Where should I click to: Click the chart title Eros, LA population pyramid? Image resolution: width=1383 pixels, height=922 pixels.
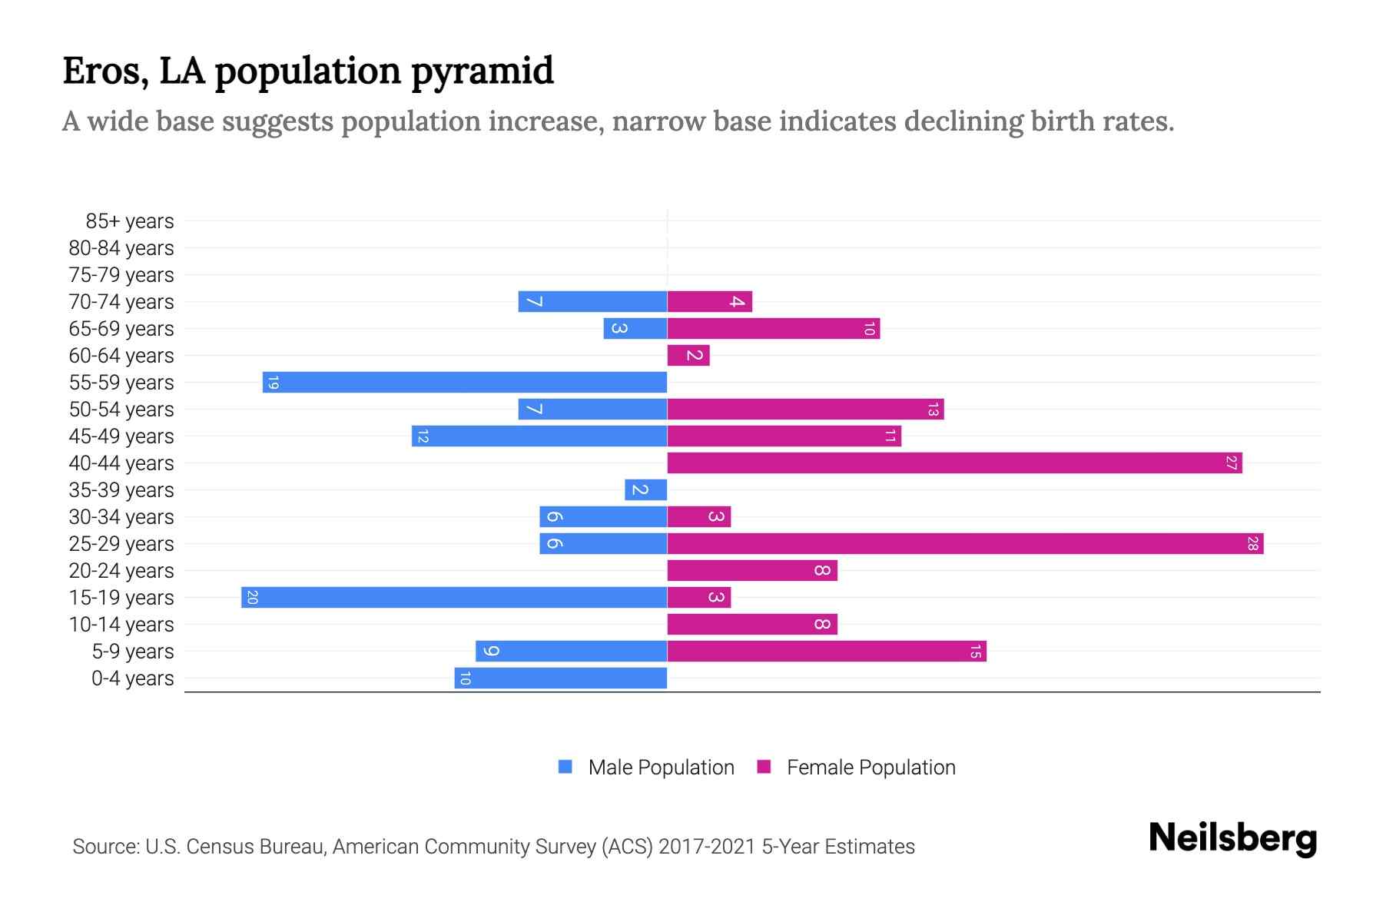click(x=307, y=71)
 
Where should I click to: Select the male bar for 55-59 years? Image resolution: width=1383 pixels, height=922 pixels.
click(x=464, y=382)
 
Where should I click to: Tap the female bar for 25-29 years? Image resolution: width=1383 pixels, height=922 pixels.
click(x=965, y=543)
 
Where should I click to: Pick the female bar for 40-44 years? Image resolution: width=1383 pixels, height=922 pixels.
click(x=954, y=463)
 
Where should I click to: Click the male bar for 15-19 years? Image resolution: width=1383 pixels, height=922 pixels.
click(x=453, y=597)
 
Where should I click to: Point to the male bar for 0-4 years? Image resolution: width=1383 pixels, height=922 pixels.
click(x=560, y=678)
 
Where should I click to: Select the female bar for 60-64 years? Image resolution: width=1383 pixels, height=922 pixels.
click(x=688, y=355)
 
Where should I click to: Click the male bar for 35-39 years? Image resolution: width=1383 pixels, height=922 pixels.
click(x=645, y=489)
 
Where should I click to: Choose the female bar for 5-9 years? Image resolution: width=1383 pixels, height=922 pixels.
click(x=827, y=651)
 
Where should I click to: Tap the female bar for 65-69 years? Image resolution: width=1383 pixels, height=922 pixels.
click(x=773, y=328)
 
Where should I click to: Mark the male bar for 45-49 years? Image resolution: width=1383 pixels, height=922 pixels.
click(x=539, y=436)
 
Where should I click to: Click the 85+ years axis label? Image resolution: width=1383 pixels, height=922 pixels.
click(x=130, y=221)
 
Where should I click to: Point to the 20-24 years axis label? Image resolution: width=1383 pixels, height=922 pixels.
click(x=121, y=571)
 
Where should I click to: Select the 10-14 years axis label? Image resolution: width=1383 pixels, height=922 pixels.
click(x=121, y=625)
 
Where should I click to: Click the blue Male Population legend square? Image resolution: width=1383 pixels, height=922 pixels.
click(x=565, y=767)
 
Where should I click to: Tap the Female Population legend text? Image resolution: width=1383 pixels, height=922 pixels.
click(x=871, y=768)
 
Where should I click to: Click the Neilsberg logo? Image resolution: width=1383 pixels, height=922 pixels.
click(x=1232, y=838)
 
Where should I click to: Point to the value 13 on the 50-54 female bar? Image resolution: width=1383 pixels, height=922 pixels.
click(x=933, y=410)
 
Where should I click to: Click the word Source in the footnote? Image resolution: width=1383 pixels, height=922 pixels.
click(x=105, y=847)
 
